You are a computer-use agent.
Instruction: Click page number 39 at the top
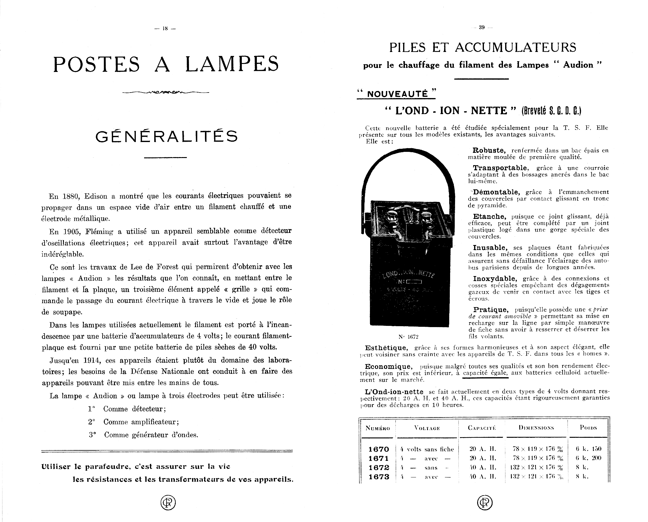481,27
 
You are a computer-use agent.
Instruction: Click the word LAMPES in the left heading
232,64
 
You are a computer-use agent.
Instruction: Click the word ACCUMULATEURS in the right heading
515,47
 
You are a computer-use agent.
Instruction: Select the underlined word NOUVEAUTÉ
396,94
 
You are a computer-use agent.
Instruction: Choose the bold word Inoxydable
495,279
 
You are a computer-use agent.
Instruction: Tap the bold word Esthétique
386,348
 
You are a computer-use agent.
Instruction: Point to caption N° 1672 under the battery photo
408,337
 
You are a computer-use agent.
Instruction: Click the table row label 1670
379,449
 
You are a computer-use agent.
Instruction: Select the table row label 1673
379,477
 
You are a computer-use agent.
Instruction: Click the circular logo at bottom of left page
168,503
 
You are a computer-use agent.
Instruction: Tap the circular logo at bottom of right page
485,503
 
